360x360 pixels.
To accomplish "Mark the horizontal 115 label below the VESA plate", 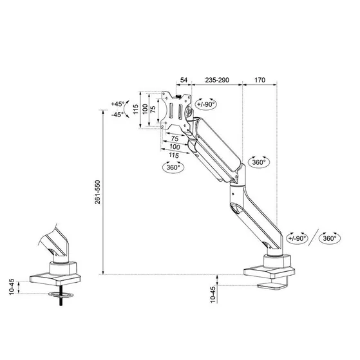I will (173, 155).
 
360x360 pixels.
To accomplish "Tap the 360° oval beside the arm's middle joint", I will (259, 162).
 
